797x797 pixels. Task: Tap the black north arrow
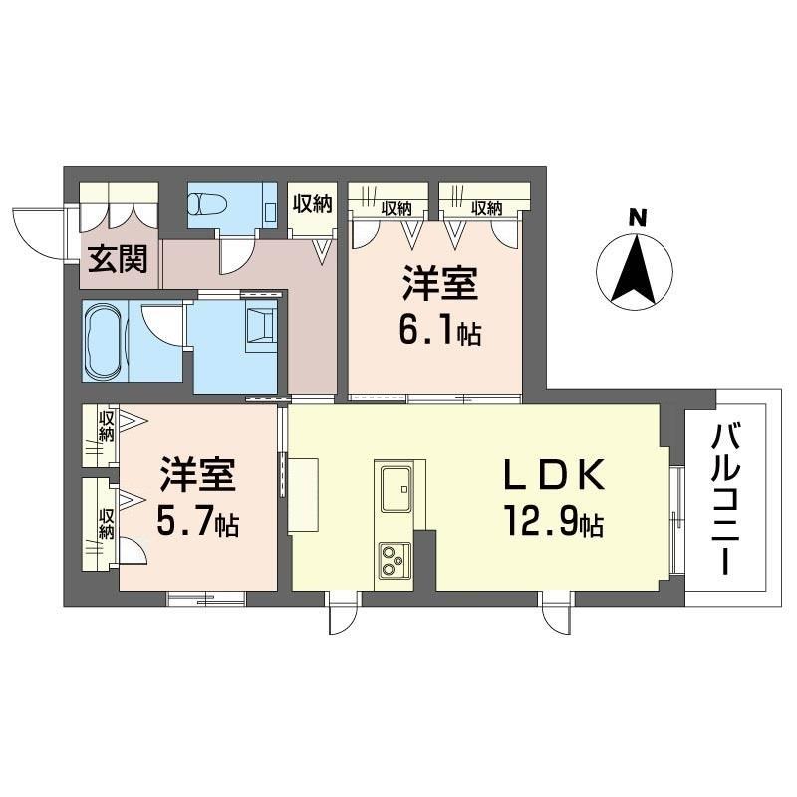635,269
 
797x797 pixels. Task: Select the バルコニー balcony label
725,498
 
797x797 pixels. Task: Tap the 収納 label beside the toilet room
312,205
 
